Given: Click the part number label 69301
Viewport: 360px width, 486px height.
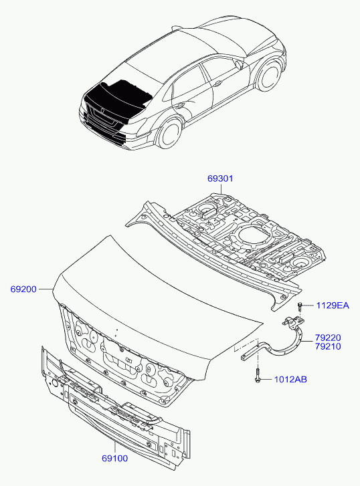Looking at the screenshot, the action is pos(220,178).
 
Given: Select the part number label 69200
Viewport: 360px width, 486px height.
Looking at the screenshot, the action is pos(23,289).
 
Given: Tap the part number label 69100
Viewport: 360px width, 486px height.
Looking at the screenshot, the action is pos(115,459).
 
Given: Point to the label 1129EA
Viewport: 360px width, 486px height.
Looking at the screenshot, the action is pos(333,306).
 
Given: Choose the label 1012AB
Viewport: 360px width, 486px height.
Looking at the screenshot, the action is pos(290,380).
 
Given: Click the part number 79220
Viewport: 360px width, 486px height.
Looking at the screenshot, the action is pos(328,338).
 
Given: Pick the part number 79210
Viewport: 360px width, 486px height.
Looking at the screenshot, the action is pos(328,346).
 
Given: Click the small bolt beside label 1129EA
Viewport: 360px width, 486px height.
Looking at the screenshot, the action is pos(300,306).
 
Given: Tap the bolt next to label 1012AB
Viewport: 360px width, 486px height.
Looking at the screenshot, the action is pos(257,375).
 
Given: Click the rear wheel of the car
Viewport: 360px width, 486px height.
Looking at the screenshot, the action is pos(169,133).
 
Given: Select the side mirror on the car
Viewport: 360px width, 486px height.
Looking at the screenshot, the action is pos(239,64).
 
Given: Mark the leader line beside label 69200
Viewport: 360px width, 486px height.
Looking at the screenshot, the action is pos(46,289).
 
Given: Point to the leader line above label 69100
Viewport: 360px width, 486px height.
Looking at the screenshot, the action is pos(114,447).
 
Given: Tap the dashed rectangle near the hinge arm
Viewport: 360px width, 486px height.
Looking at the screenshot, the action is pos(246,345).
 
